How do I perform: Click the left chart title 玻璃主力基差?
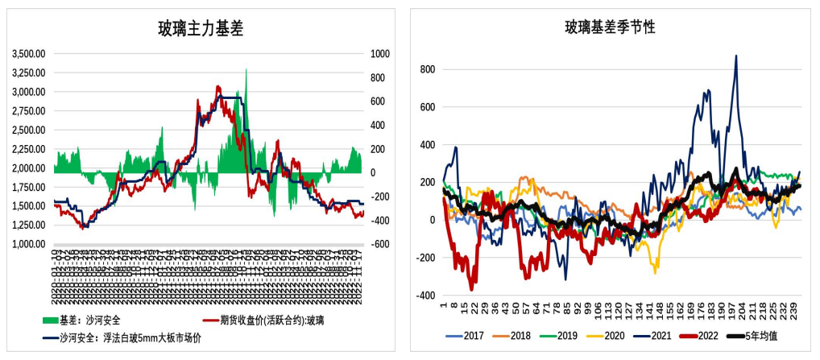[201, 30]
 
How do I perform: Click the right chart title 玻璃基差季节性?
[609, 27]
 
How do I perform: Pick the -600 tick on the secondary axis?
[379, 244]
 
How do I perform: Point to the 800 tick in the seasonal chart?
[427, 69]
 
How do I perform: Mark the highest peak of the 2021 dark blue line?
[735, 56]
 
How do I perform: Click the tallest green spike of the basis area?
[246, 70]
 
